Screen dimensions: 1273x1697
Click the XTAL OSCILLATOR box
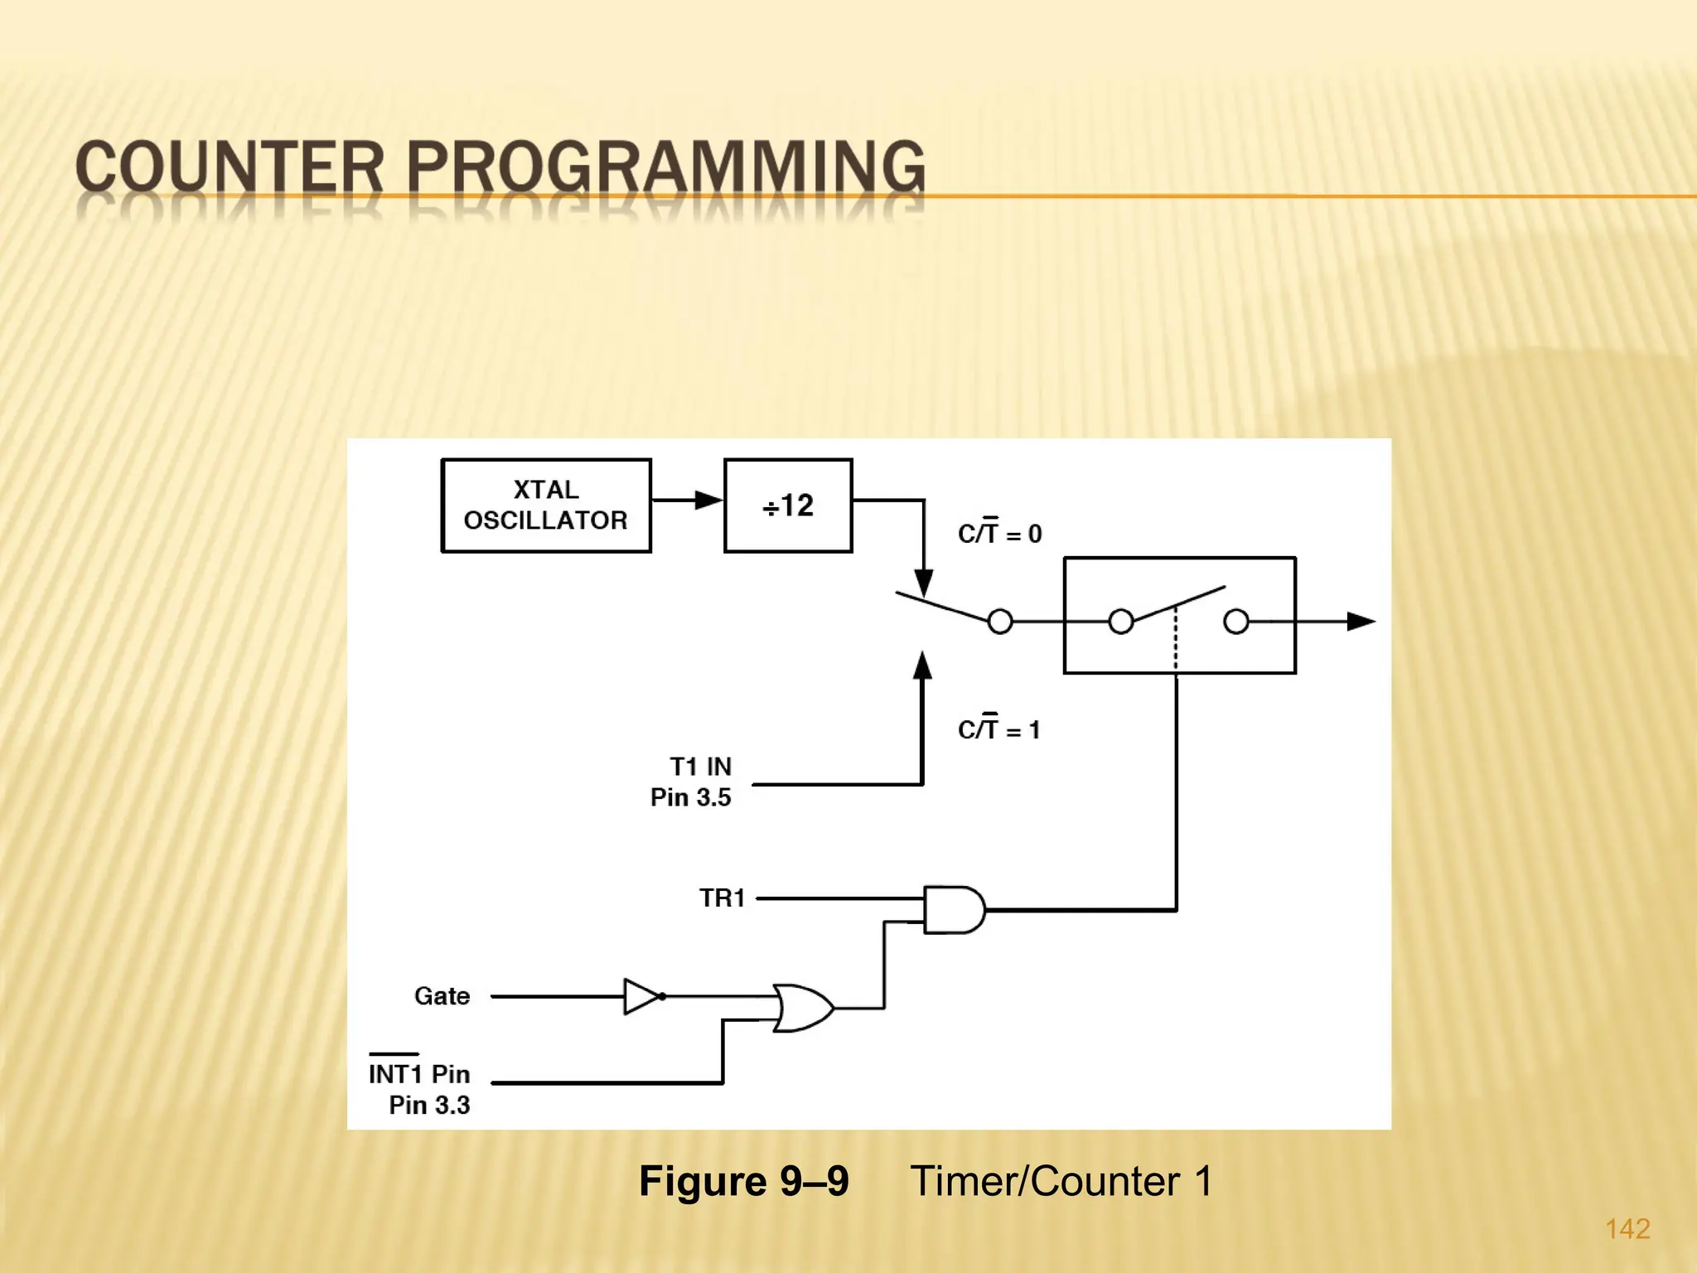pos(546,505)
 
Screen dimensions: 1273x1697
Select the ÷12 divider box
pos(788,505)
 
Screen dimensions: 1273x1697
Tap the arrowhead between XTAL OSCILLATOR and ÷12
pos(708,500)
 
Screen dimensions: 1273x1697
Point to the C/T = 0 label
pos(999,532)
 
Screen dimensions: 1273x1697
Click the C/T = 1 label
pos(998,728)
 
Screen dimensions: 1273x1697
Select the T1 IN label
pos(700,766)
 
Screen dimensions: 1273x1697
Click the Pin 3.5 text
pos(690,797)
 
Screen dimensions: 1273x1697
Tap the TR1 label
pos(722,898)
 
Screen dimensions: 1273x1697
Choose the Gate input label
pos(442,995)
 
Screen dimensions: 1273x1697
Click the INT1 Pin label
pos(418,1073)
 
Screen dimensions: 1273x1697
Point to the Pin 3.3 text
pos(429,1105)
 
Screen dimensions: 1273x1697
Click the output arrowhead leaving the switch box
pos(1361,621)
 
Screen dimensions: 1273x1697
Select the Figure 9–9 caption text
pos(743,1180)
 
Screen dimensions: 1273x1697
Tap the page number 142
pos(1627,1228)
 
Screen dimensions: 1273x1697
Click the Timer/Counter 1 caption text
pos(1061,1180)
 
